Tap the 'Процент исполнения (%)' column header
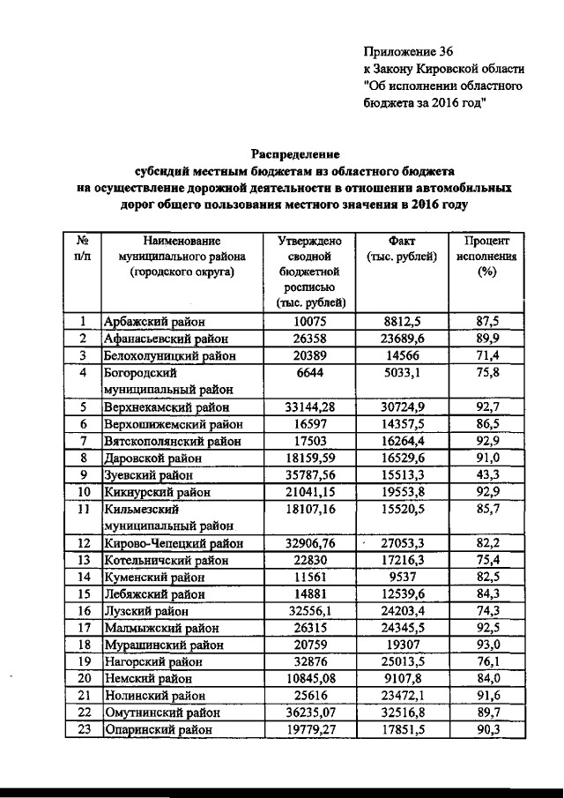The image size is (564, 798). point(483,256)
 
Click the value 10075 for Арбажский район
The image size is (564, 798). point(310,322)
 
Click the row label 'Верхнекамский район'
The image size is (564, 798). point(167,407)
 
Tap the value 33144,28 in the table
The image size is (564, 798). point(310,407)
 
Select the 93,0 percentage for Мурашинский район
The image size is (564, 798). point(483,645)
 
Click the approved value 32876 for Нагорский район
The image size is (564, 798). point(310,661)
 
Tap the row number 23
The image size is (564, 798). point(82,729)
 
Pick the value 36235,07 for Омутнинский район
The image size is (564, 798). point(310,712)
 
